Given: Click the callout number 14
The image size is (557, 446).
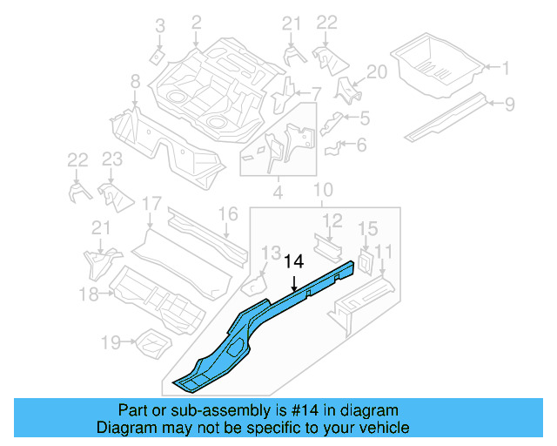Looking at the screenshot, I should point(294,260).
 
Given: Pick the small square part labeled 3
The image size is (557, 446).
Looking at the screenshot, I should point(157,57).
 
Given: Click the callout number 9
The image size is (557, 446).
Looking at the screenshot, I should point(510,104).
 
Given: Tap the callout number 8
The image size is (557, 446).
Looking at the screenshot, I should point(135,82).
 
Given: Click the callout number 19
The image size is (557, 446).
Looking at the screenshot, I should point(111,343).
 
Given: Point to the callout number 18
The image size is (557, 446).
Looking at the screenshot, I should point(88,294).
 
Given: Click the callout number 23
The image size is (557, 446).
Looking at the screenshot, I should point(112,159).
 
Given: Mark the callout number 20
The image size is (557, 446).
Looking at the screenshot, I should point(376,72).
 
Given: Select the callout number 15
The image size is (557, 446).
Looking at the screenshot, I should point(367,229).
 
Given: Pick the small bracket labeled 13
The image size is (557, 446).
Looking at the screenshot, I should point(252,282).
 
